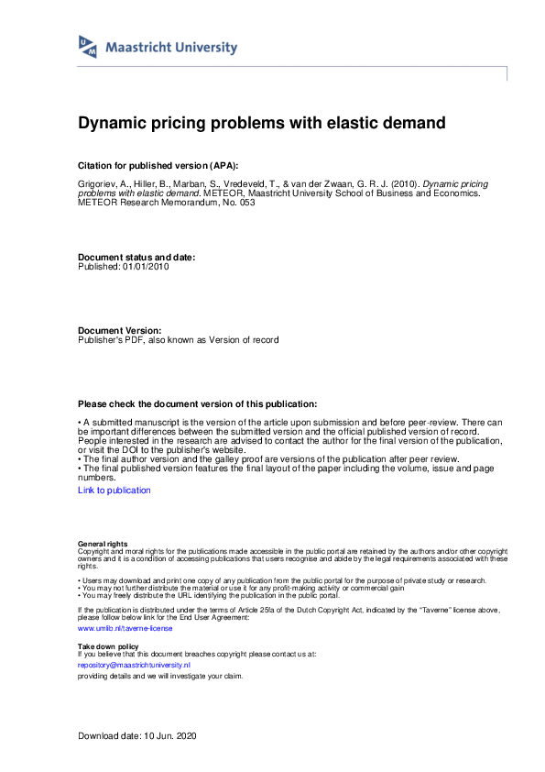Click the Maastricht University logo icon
tap(88, 47)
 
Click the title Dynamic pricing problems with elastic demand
tap(261, 122)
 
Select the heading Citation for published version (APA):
tap(158, 165)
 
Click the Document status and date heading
tap(136, 258)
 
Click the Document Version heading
tap(120, 330)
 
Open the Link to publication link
tap(114, 491)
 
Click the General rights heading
tap(103, 544)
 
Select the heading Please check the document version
tap(197, 403)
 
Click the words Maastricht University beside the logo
tap(171, 48)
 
